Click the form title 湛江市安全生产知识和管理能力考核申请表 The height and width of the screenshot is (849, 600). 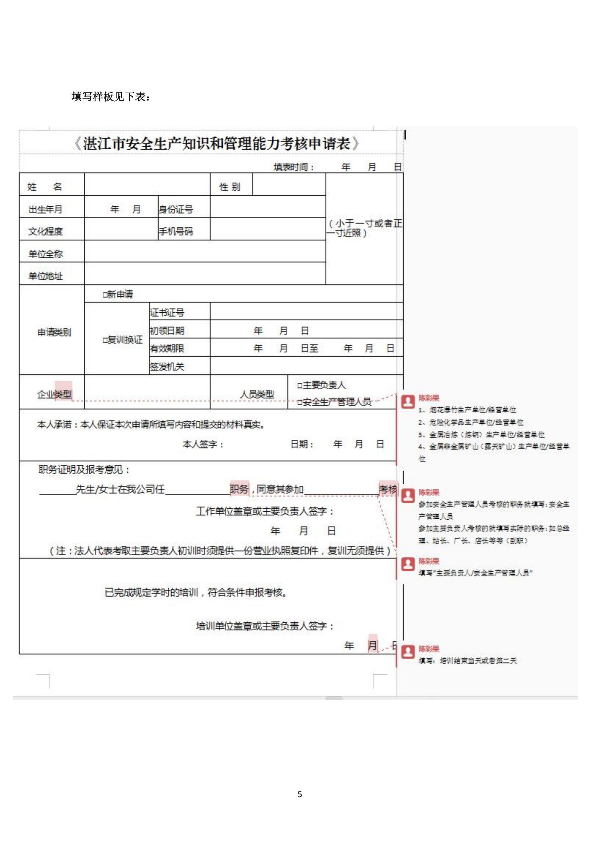click(x=217, y=143)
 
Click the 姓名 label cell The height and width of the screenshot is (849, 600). click(x=45, y=187)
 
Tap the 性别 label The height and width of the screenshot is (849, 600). click(x=229, y=187)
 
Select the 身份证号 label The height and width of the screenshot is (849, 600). click(x=176, y=210)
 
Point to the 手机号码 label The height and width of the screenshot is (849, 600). click(x=176, y=231)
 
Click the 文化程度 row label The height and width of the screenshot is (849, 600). click(x=46, y=231)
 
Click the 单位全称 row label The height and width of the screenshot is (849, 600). click(x=46, y=254)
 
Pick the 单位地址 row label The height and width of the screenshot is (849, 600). click(x=46, y=276)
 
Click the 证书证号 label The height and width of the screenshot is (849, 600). click(x=167, y=313)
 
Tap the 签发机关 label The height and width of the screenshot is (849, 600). click(x=167, y=367)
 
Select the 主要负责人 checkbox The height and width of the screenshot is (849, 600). click(x=300, y=386)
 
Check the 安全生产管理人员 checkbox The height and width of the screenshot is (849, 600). click(x=300, y=402)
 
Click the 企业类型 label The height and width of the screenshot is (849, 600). click(x=54, y=395)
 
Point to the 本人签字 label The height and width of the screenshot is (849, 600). click(x=203, y=444)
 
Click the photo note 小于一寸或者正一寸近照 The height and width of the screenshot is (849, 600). click(x=364, y=228)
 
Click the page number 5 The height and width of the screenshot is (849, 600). click(x=300, y=794)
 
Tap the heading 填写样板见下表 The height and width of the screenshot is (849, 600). click(x=111, y=97)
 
